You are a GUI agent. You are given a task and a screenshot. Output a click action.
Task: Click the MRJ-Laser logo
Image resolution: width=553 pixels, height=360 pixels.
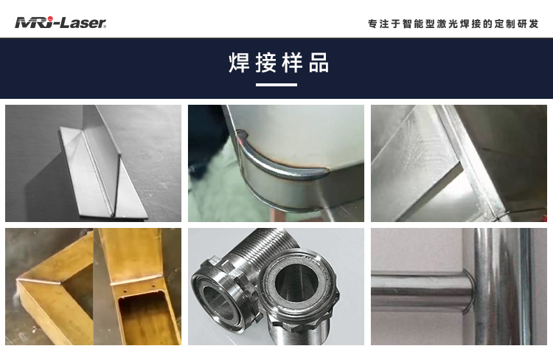[x=60, y=23]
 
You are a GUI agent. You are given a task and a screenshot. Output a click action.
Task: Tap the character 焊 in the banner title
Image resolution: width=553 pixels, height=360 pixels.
[x=239, y=63]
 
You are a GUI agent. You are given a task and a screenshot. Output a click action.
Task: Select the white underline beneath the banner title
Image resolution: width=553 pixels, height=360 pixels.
[x=276, y=85]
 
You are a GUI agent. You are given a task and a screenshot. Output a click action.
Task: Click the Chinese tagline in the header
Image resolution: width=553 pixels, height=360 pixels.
[x=453, y=24]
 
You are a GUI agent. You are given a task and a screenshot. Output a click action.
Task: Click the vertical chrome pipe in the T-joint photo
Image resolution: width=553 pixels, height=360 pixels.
[x=501, y=288]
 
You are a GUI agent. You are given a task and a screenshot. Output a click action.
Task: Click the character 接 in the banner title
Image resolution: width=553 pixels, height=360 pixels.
[x=265, y=63]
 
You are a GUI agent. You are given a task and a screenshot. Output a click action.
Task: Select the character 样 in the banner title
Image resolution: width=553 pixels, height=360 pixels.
[x=292, y=63]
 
